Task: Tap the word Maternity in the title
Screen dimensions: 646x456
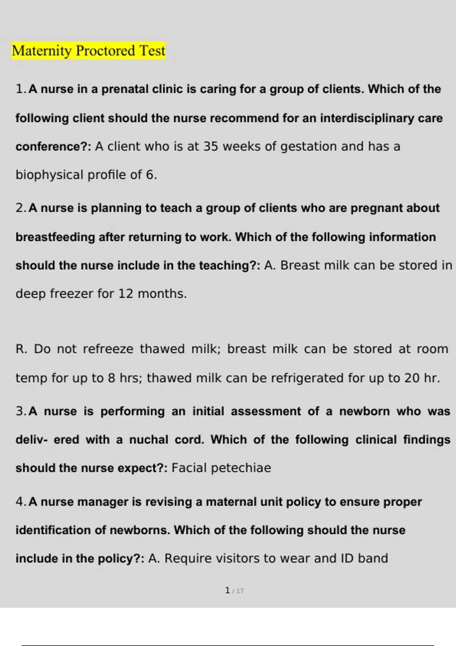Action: pos(41,51)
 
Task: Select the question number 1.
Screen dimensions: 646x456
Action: pos(20,89)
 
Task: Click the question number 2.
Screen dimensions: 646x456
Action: pos(20,208)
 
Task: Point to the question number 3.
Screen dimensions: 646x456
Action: pos(20,412)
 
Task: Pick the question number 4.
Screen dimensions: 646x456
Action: pos(20,502)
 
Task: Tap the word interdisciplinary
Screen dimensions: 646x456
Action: pos(367,118)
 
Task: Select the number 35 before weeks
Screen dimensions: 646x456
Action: pos(211,147)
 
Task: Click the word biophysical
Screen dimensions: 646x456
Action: pos(49,175)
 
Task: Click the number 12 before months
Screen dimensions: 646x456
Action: pos(126,294)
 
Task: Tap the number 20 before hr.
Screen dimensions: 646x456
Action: pos(412,378)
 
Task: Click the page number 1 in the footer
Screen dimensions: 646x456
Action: pos(227,591)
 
